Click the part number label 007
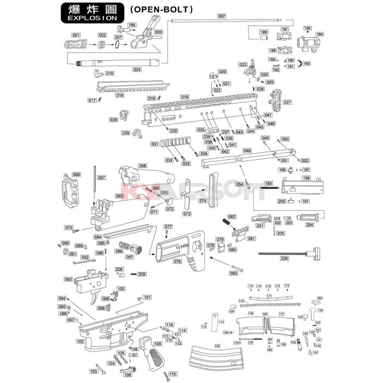click(x=221, y=17)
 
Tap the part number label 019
click(x=185, y=97)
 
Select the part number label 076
click(x=177, y=262)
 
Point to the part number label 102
click(x=80, y=341)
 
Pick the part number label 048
click(x=247, y=150)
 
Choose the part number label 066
click(x=77, y=175)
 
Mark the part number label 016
click(x=119, y=95)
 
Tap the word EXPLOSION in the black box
click(x=92, y=18)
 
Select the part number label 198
click(x=306, y=178)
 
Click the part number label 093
click(x=68, y=279)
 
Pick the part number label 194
click(x=320, y=34)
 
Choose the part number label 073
click(x=187, y=213)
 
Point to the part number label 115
click(x=173, y=374)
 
